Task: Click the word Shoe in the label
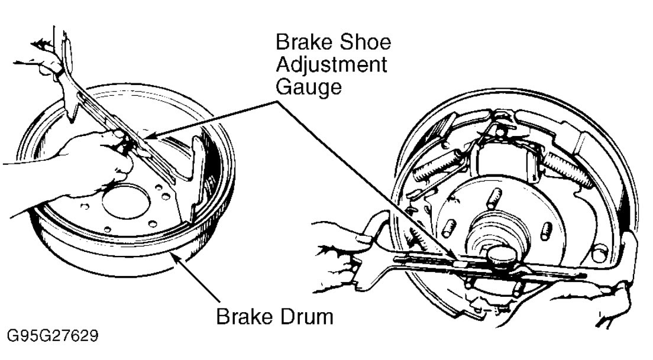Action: pos(363,43)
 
